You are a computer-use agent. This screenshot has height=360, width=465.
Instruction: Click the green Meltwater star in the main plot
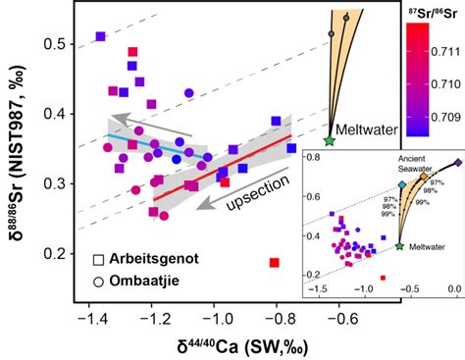pos(329,140)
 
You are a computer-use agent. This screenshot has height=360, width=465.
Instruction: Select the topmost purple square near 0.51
pos(100,37)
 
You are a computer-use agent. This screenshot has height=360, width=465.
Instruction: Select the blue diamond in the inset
pos(402,184)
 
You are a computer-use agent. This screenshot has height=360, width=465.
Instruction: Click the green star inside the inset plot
pos(400,245)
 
